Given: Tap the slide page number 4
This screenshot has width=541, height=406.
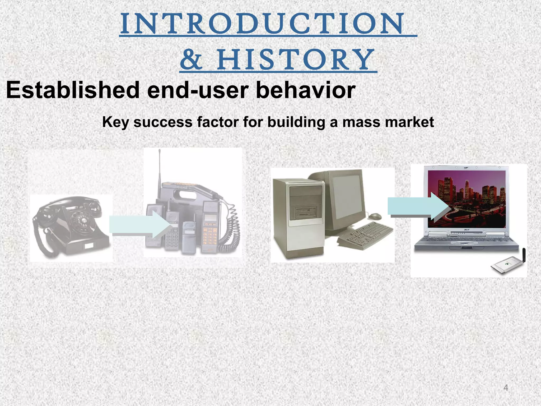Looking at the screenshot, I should [506, 388].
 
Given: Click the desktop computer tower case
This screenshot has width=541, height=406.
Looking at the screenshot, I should [299, 217].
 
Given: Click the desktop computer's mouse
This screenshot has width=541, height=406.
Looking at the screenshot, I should [375, 216].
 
